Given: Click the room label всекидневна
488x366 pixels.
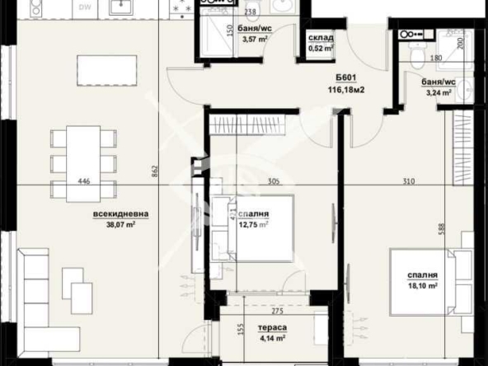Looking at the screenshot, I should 121,213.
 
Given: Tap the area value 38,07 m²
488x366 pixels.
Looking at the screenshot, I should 121,223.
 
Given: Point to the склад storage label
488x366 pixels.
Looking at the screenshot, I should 321,39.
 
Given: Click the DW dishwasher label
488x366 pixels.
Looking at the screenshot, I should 85,7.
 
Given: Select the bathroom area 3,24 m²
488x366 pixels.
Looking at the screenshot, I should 437,93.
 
